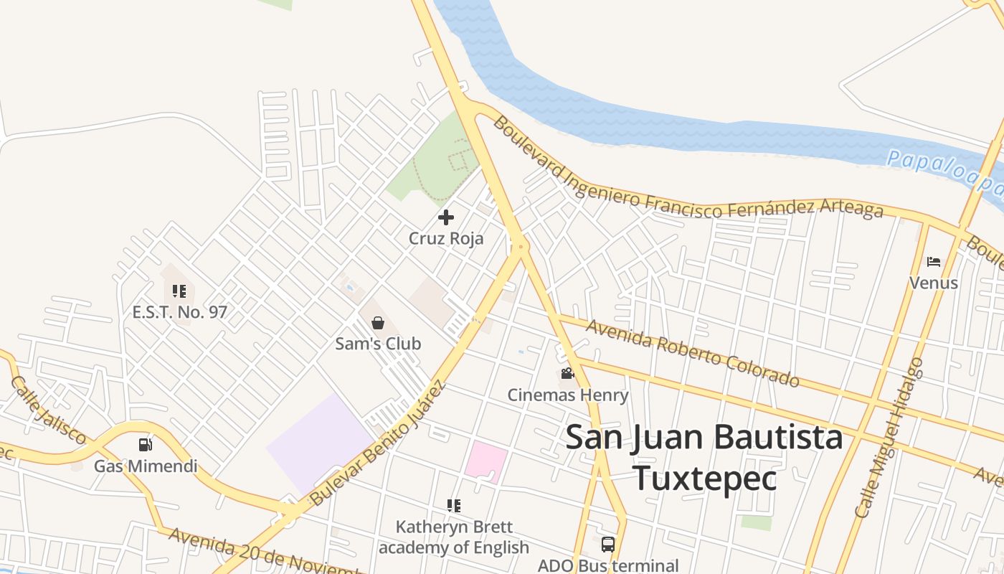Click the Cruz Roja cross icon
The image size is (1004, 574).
(x=446, y=217)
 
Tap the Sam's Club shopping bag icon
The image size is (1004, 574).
(x=378, y=323)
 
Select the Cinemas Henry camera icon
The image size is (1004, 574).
(x=567, y=374)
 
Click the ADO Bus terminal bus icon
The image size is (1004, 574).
(x=608, y=544)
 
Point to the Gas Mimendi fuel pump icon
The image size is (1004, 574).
(x=146, y=445)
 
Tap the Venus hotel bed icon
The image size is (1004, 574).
(x=933, y=262)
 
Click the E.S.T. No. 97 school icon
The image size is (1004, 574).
(x=179, y=291)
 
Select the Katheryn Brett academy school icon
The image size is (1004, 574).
(x=453, y=506)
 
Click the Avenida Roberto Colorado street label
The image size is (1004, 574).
(x=692, y=353)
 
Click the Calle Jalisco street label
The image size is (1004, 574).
(x=49, y=410)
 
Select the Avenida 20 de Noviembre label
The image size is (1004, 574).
(x=265, y=553)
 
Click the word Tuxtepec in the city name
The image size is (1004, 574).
(x=704, y=479)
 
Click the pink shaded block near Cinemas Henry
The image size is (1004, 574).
(x=486, y=461)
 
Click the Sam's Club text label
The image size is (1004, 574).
(x=378, y=344)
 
